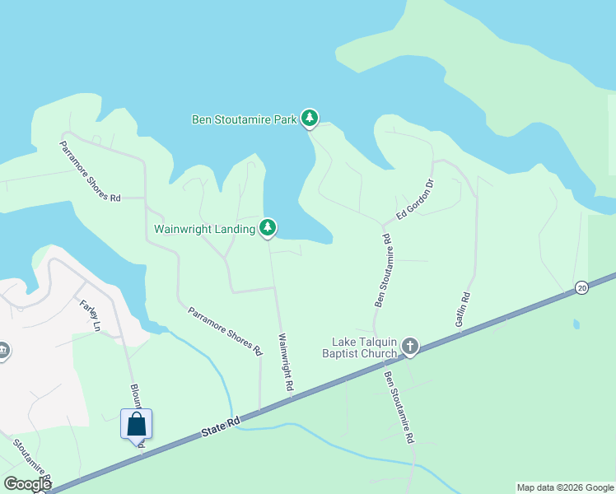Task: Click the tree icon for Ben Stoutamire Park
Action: pyautogui.click(x=309, y=119)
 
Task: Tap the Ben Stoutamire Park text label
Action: pyautogui.click(x=244, y=119)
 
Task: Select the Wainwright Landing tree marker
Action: pyautogui.click(x=268, y=228)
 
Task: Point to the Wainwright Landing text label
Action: pyautogui.click(x=205, y=229)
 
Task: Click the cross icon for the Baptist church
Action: pyautogui.click(x=409, y=347)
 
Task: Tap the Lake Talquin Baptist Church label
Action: pyautogui.click(x=364, y=347)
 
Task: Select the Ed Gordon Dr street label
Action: pyautogui.click(x=415, y=200)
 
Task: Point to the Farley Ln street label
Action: pyautogui.click(x=89, y=315)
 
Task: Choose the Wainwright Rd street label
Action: pyautogui.click(x=285, y=362)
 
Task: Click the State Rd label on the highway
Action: pyautogui.click(x=222, y=426)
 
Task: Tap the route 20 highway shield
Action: pyautogui.click(x=582, y=287)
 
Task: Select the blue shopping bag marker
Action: pyautogui.click(x=137, y=425)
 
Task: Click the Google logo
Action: pyautogui.click(x=27, y=484)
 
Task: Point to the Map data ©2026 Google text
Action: pyautogui.click(x=565, y=487)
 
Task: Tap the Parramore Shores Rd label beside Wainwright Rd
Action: pyautogui.click(x=224, y=331)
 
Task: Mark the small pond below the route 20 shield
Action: pyautogui.click(x=576, y=324)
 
